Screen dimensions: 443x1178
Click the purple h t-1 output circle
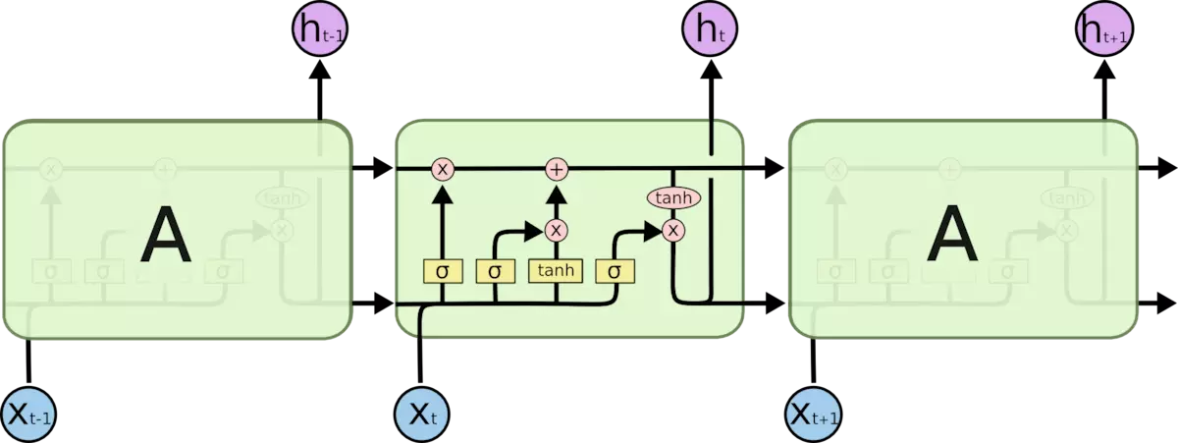[320, 31]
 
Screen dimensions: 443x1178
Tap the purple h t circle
[711, 31]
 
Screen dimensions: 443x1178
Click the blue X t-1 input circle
[29, 414]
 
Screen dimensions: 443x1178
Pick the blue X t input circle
[421, 414]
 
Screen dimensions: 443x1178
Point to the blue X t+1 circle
[814, 414]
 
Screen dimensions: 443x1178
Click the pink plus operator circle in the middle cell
[557, 170]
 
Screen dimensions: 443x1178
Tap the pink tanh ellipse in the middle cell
[673, 198]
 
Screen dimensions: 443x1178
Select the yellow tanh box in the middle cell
[557, 270]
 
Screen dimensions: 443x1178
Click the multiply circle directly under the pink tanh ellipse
[673, 230]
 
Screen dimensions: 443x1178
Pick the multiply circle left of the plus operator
[442, 170]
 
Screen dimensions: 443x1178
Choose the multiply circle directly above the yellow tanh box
[557, 230]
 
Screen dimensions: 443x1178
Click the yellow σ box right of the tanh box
[615, 270]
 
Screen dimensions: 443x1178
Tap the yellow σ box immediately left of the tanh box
[495, 270]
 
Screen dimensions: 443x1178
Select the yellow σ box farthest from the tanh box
[442, 270]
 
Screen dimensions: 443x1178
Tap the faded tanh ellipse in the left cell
[282, 198]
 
